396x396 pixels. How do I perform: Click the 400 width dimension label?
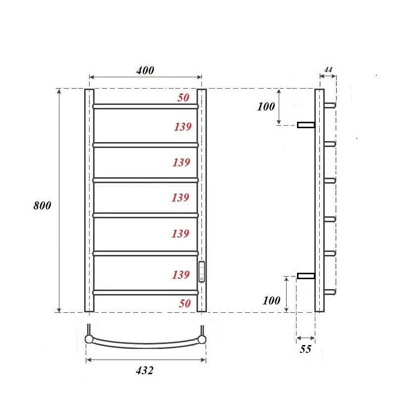pyautogui.click(x=145, y=70)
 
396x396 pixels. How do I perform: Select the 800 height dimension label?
pyautogui.click(x=42, y=205)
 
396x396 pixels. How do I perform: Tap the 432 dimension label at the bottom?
pyautogui.click(x=145, y=370)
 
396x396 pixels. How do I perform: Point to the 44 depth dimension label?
pyautogui.click(x=327, y=70)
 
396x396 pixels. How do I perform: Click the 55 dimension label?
pyautogui.click(x=305, y=349)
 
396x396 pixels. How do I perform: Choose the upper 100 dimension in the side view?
pyautogui.click(x=266, y=106)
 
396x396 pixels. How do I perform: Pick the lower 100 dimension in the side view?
pyautogui.click(x=272, y=300)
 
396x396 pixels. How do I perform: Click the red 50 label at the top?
pyautogui.click(x=183, y=98)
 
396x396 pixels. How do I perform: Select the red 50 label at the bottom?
pyautogui.click(x=184, y=303)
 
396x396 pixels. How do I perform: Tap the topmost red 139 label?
pyautogui.click(x=182, y=127)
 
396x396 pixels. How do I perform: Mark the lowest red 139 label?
pyautogui.click(x=181, y=275)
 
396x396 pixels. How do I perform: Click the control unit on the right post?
pyautogui.click(x=201, y=272)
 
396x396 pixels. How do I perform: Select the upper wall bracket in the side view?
pyautogui.click(x=306, y=125)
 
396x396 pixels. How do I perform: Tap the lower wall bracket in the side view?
pyautogui.click(x=306, y=276)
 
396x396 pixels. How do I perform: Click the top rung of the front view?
pyautogui.click(x=145, y=106)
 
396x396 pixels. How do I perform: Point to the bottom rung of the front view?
pyautogui.click(x=145, y=293)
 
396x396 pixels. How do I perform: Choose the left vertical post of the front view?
pyautogui.click(x=89, y=200)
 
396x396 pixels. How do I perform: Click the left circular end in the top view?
pyautogui.click(x=89, y=339)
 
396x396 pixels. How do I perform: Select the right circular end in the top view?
pyautogui.click(x=202, y=339)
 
